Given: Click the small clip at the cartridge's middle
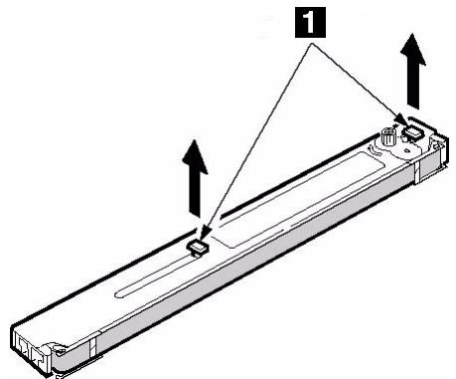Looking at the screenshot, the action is tap(198, 243).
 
